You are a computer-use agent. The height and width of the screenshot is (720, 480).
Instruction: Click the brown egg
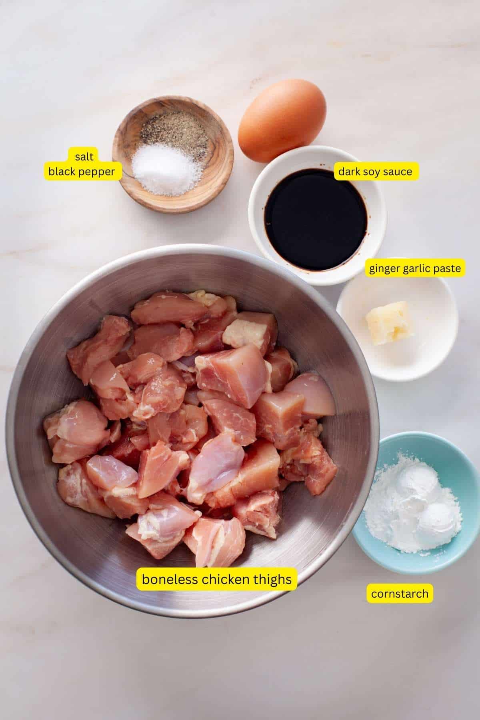pos(282,120)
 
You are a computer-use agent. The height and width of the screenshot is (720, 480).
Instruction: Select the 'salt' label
pos(84,156)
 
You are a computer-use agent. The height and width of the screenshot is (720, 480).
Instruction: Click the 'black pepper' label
pos(82,172)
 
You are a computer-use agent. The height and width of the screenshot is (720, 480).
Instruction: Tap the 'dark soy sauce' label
pos(375,172)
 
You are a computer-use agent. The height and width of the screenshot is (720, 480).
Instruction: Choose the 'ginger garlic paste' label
pos(415,268)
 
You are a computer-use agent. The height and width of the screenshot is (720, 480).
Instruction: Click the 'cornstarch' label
pos(400,594)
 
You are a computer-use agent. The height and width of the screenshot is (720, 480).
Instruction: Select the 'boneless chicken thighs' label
pos(216,579)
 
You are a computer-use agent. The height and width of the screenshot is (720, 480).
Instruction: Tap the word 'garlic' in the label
pos(415,268)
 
